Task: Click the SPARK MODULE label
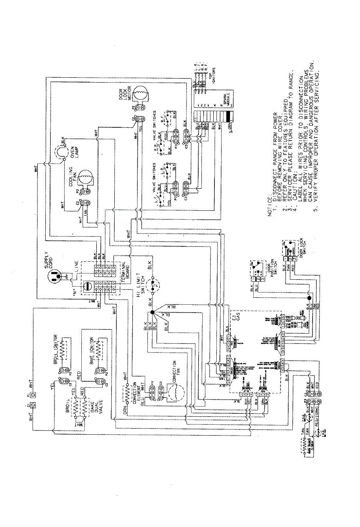point(226,104)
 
